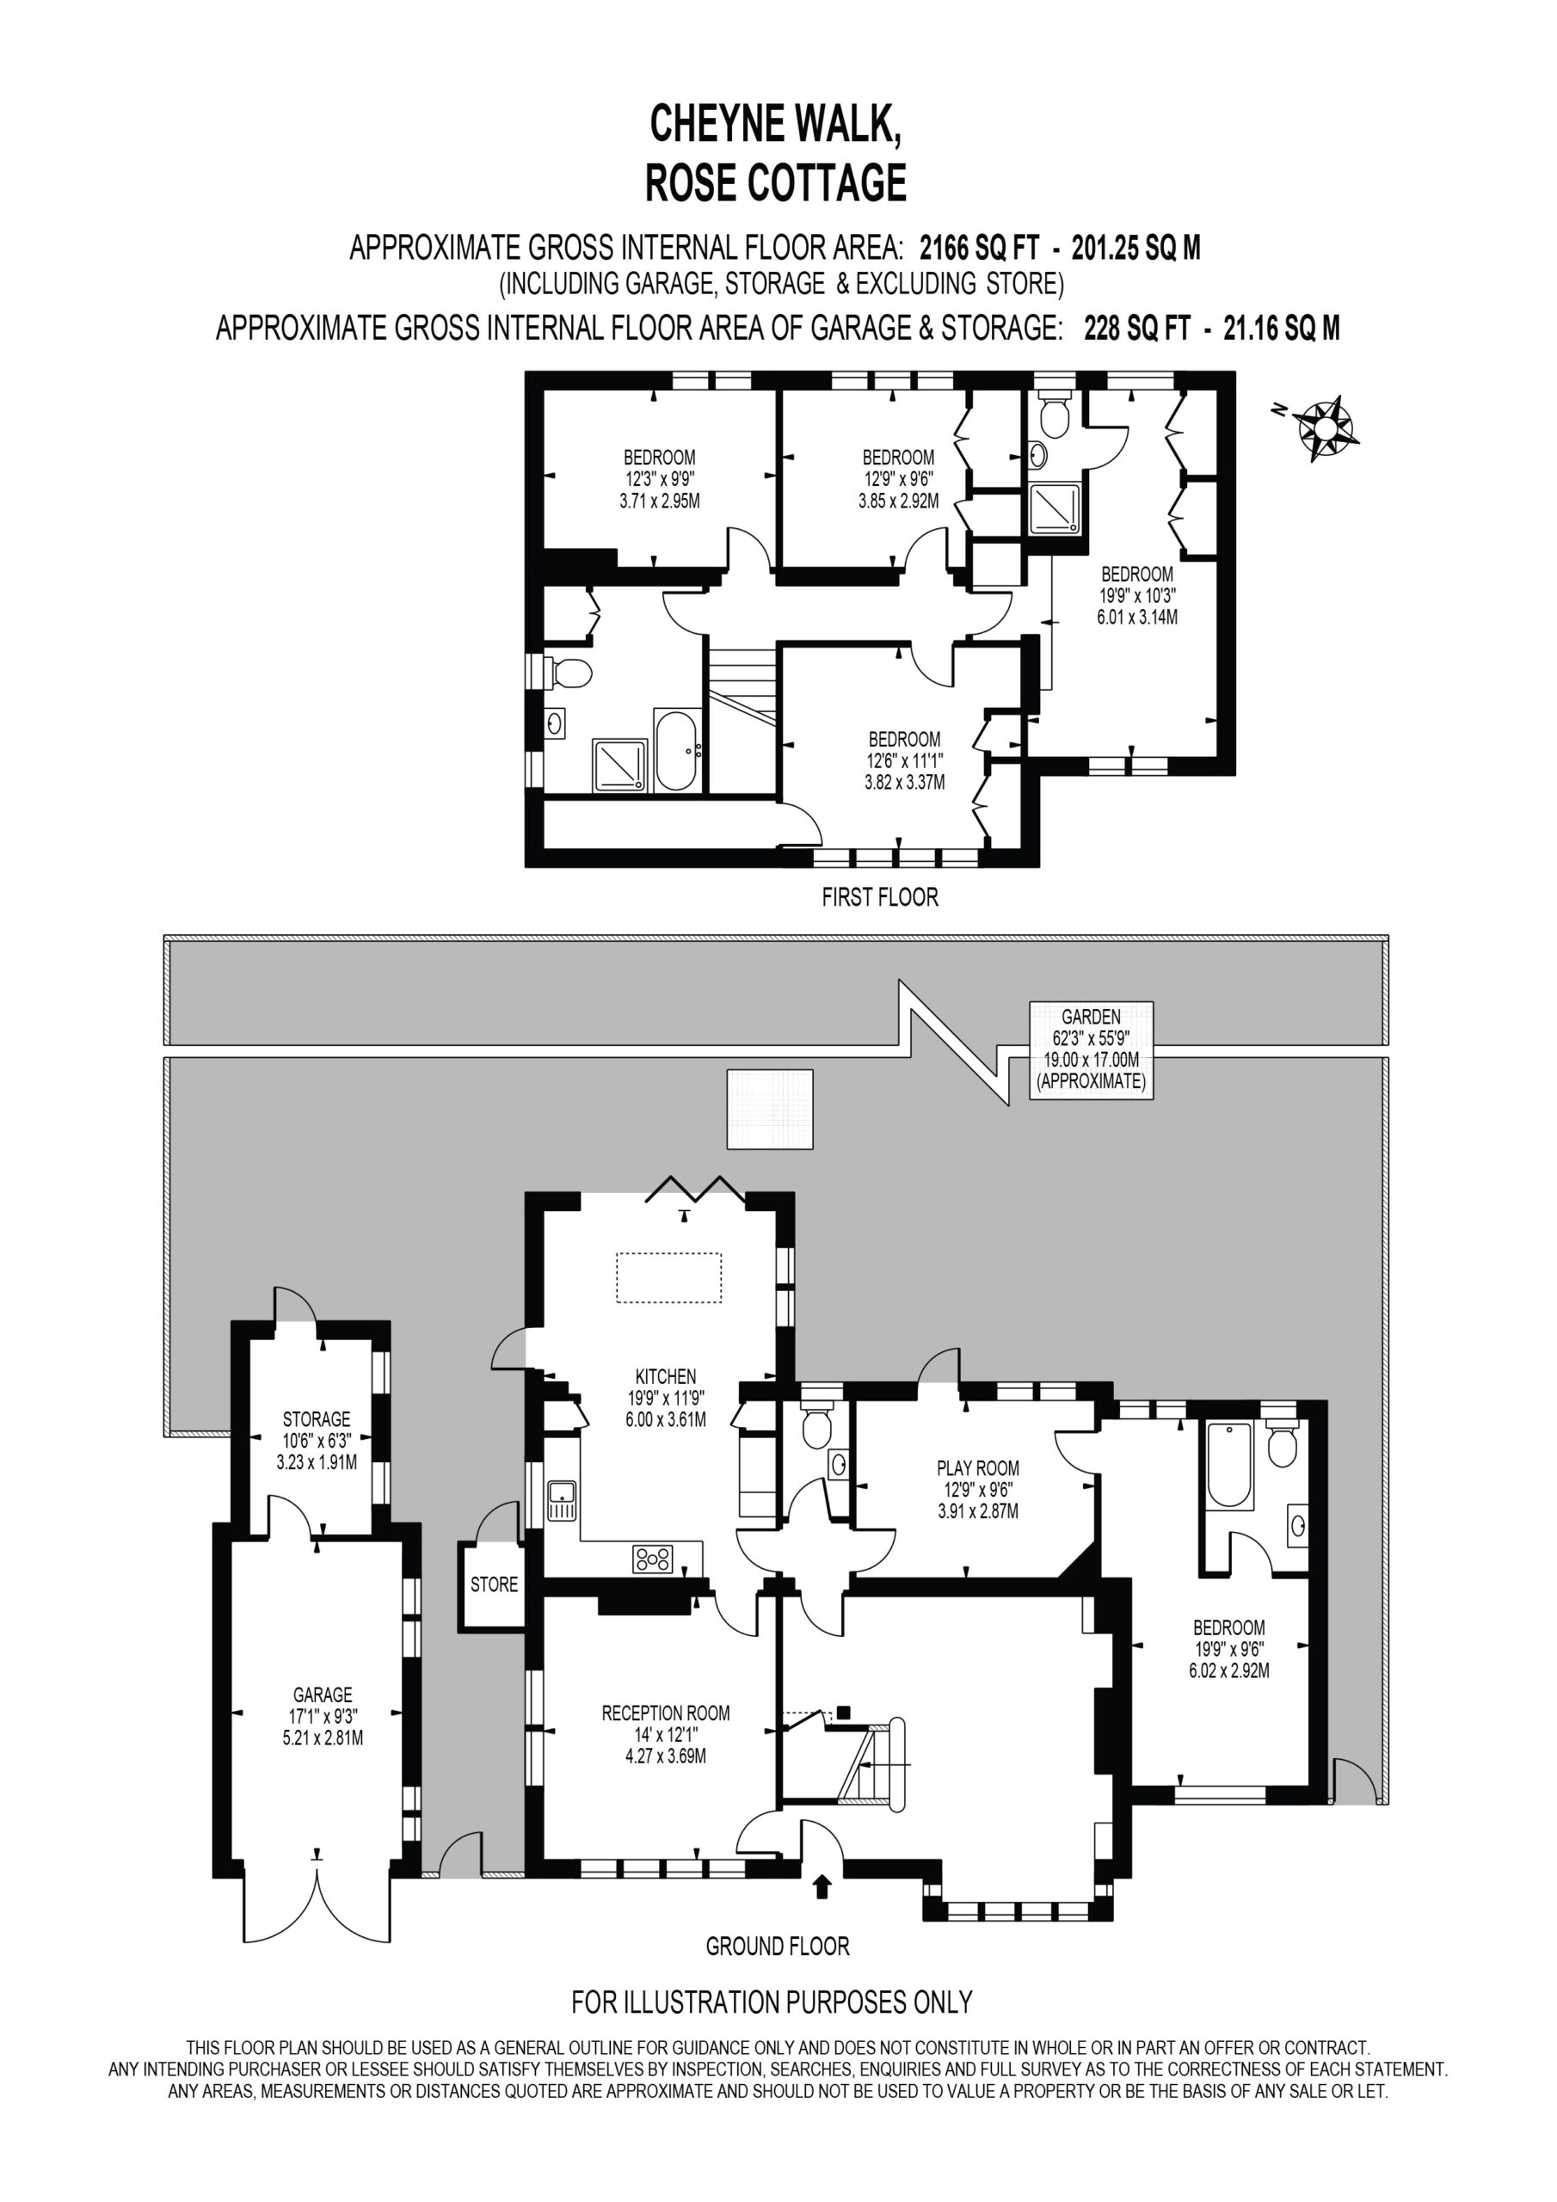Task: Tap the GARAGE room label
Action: (x=323, y=1695)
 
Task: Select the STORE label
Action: (x=494, y=1584)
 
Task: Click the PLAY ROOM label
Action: (x=977, y=1467)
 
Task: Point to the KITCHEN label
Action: (x=666, y=1376)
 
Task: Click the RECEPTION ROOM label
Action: (x=666, y=1713)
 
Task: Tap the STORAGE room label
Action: (x=317, y=1418)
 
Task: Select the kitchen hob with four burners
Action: (x=652, y=1559)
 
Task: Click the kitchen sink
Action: (x=561, y=1501)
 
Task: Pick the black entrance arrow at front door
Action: (x=822, y=1887)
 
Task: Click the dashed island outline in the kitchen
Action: (x=668, y=1277)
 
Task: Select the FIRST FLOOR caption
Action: (x=880, y=897)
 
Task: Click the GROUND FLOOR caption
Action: (x=778, y=1946)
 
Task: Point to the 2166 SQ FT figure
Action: (x=979, y=249)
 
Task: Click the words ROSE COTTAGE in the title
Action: (x=776, y=182)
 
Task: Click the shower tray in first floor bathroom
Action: (x=619, y=765)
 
